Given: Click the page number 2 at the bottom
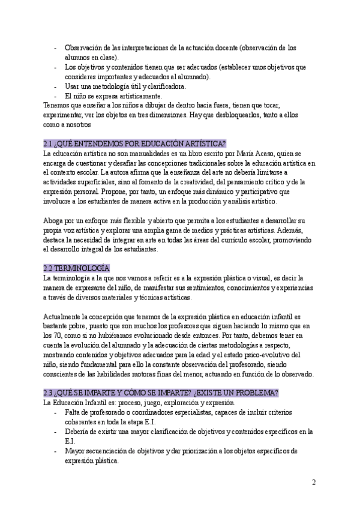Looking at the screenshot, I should [x=314, y=483].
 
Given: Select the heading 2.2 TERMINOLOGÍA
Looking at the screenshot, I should [x=77, y=268].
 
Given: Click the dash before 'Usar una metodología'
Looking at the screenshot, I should [x=56, y=86].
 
